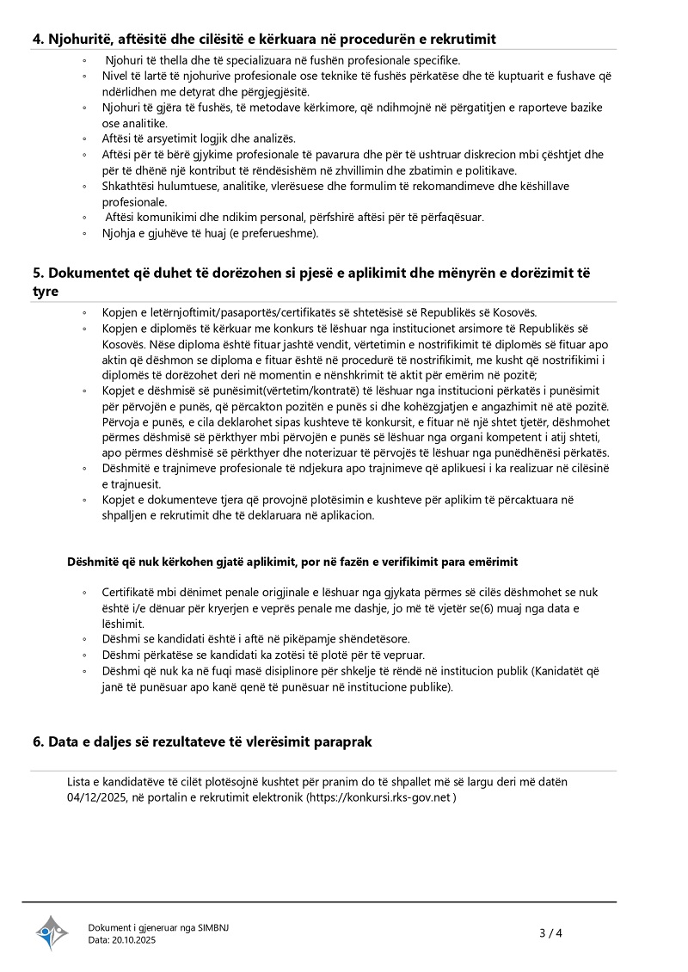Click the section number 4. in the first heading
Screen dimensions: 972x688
pos(39,40)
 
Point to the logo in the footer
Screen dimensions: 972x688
pos(51,932)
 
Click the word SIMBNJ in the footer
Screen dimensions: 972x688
pos(212,927)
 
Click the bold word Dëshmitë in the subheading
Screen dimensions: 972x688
pos(92,563)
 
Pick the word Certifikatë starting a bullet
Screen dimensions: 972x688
pos(130,593)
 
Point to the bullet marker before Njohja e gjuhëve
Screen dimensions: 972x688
pos(84,233)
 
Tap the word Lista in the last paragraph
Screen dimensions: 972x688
pos(80,782)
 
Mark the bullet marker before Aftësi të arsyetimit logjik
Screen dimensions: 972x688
pos(84,138)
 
